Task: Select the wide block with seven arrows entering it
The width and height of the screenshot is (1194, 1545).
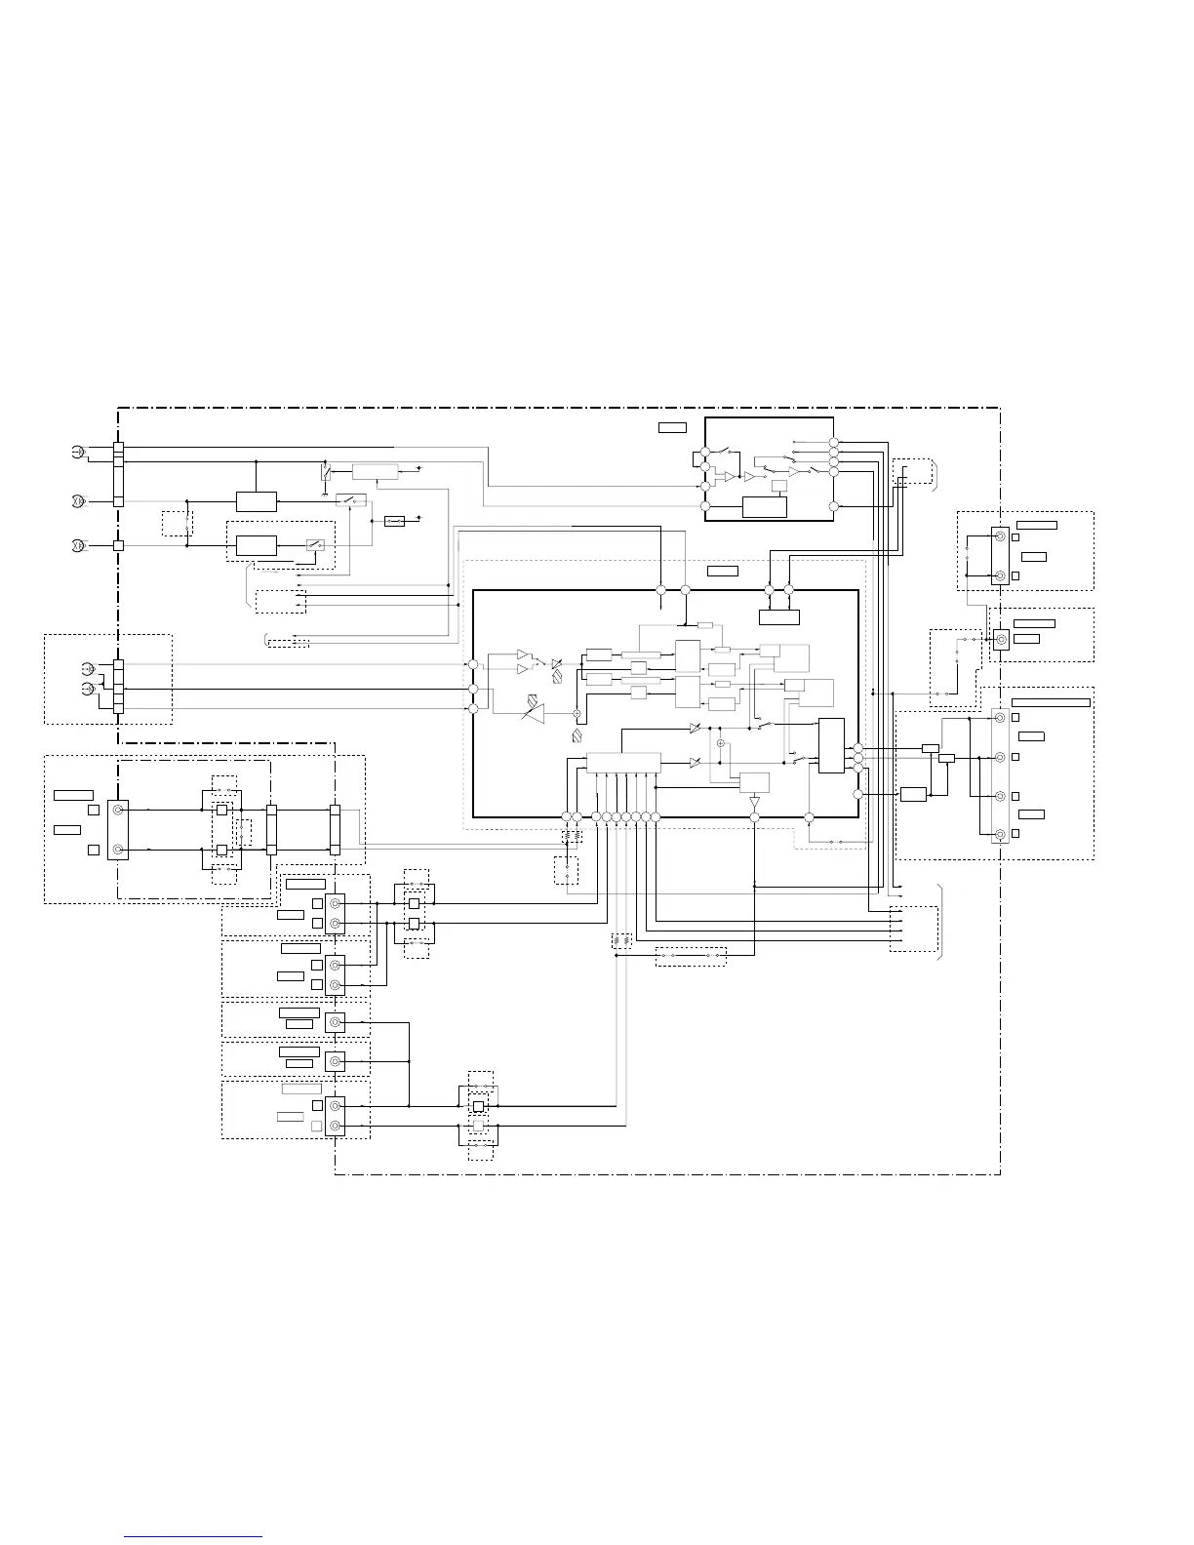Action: [x=623, y=763]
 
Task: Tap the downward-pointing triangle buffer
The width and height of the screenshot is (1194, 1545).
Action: [x=754, y=802]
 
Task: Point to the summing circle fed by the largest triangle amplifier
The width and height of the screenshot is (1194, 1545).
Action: [x=577, y=715]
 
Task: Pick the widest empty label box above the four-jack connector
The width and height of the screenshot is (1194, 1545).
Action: [x=1051, y=702]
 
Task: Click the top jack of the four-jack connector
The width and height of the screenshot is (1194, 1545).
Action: [x=1000, y=718]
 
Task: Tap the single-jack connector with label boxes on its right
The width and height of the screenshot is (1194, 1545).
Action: [x=1000, y=640]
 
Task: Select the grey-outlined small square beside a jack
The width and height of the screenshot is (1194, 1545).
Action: [x=316, y=1127]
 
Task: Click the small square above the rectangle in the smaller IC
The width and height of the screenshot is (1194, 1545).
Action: [x=779, y=486]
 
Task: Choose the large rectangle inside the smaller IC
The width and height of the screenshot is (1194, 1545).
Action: [x=764, y=507]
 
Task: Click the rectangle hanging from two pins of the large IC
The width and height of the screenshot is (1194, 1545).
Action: [x=778, y=617]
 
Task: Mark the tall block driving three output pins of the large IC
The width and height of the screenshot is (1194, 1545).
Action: [x=831, y=745]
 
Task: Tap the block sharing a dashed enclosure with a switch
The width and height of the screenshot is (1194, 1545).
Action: [x=257, y=545]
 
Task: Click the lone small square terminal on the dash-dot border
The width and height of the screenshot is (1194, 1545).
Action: [x=118, y=545]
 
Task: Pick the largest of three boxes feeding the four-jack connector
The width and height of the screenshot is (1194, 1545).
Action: [x=913, y=794]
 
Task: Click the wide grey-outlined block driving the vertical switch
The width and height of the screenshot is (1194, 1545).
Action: [x=376, y=472]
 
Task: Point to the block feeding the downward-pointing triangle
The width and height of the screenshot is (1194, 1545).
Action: [x=754, y=781]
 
